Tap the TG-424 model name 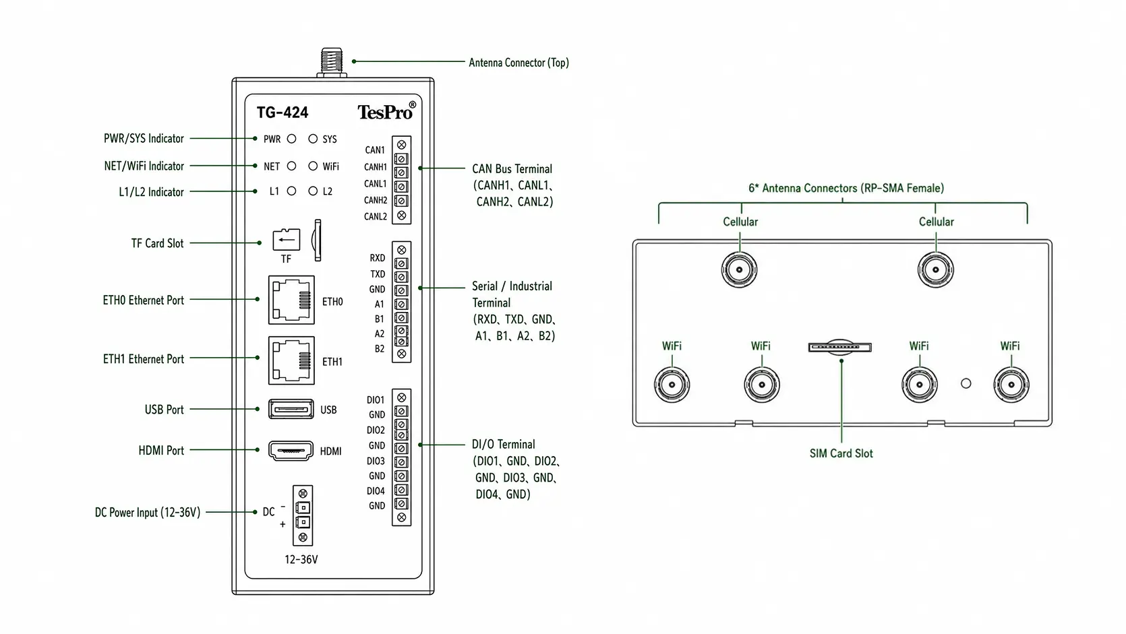283,112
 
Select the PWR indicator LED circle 291,139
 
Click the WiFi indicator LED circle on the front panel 313,166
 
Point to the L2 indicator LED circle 313,191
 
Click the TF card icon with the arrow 287,240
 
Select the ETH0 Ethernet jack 291,300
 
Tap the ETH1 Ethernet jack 291,360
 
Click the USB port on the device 291,409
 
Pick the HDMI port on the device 291,450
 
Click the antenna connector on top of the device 332,63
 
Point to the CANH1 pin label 376,167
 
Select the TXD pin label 378,274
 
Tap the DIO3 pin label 376,461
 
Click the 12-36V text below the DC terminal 301,559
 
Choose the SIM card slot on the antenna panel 839,346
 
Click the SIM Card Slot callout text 841,453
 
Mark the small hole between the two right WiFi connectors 966,383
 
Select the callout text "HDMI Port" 161,450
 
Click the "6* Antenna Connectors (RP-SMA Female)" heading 846,188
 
